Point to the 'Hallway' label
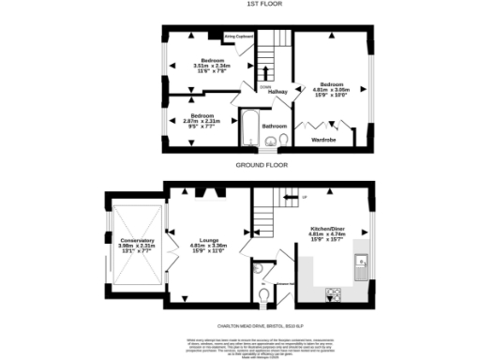point(277,92)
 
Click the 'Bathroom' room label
point(274,125)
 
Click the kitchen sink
point(362,269)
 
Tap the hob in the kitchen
point(333,294)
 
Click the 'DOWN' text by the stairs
point(266,86)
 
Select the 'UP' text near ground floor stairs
point(303,198)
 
